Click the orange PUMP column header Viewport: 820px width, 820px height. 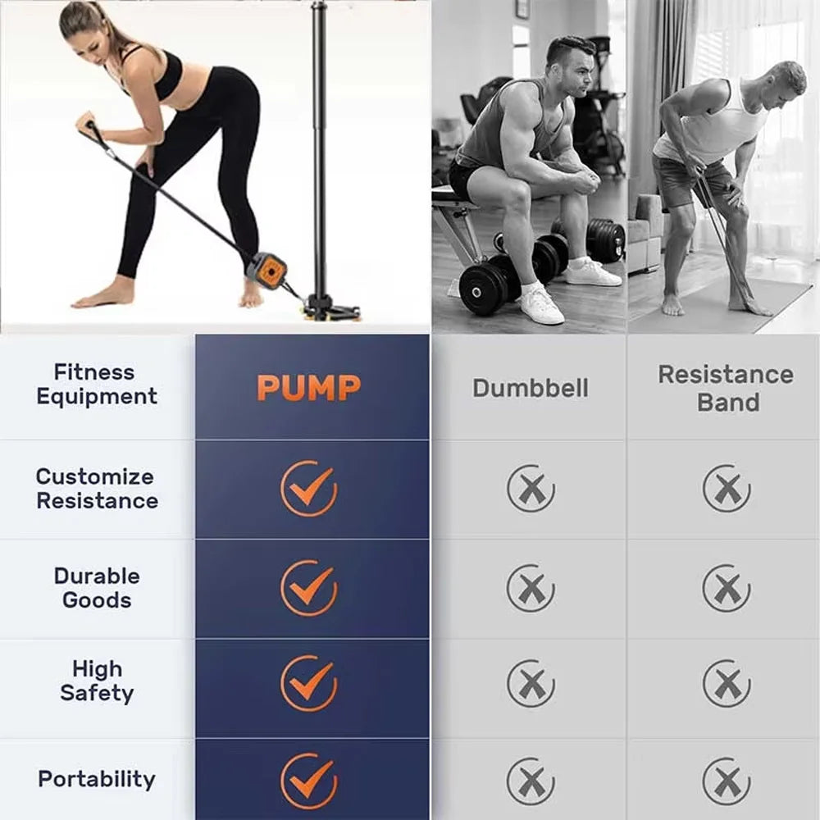point(308,388)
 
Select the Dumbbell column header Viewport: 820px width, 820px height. point(531,389)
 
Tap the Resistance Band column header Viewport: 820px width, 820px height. point(726,389)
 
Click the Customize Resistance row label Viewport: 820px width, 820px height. point(96,489)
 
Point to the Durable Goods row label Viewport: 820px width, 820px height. point(97,588)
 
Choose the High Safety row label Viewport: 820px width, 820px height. point(97,681)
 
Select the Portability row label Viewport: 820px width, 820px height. point(97,779)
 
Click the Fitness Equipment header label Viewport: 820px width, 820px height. point(96,384)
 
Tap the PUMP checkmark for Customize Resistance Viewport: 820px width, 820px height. point(309,489)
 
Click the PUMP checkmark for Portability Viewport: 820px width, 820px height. point(309,781)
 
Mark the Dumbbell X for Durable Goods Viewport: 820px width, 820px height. point(531,588)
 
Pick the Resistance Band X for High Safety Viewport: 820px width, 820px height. point(727,683)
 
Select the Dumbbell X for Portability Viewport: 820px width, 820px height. point(531,781)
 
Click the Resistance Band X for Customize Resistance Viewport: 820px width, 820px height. point(727,488)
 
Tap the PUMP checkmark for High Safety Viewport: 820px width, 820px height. point(309,683)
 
